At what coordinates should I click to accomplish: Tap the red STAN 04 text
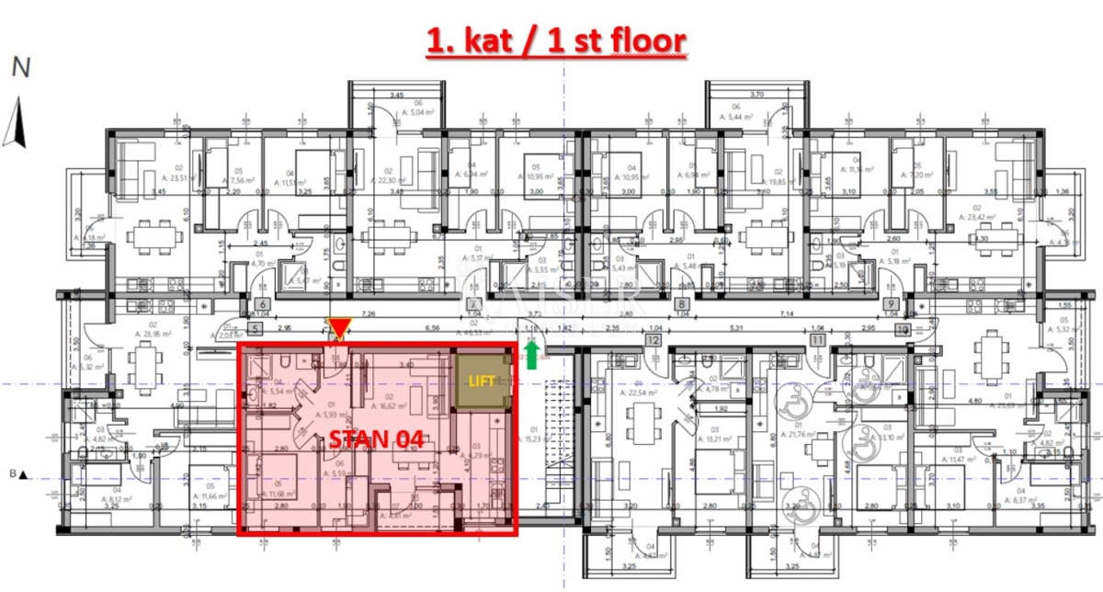(x=376, y=438)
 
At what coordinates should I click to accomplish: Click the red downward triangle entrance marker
(x=341, y=328)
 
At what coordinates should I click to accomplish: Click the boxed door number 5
(x=255, y=326)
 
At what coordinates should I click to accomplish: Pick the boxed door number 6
(x=262, y=305)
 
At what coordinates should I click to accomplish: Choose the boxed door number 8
(x=682, y=305)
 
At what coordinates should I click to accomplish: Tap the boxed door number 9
(x=891, y=305)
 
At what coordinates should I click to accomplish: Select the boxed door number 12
(x=654, y=340)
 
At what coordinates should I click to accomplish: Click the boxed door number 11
(x=817, y=340)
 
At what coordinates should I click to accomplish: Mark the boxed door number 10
(x=903, y=328)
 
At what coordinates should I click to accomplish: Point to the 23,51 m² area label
(x=171, y=178)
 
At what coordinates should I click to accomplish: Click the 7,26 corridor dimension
(x=370, y=315)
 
